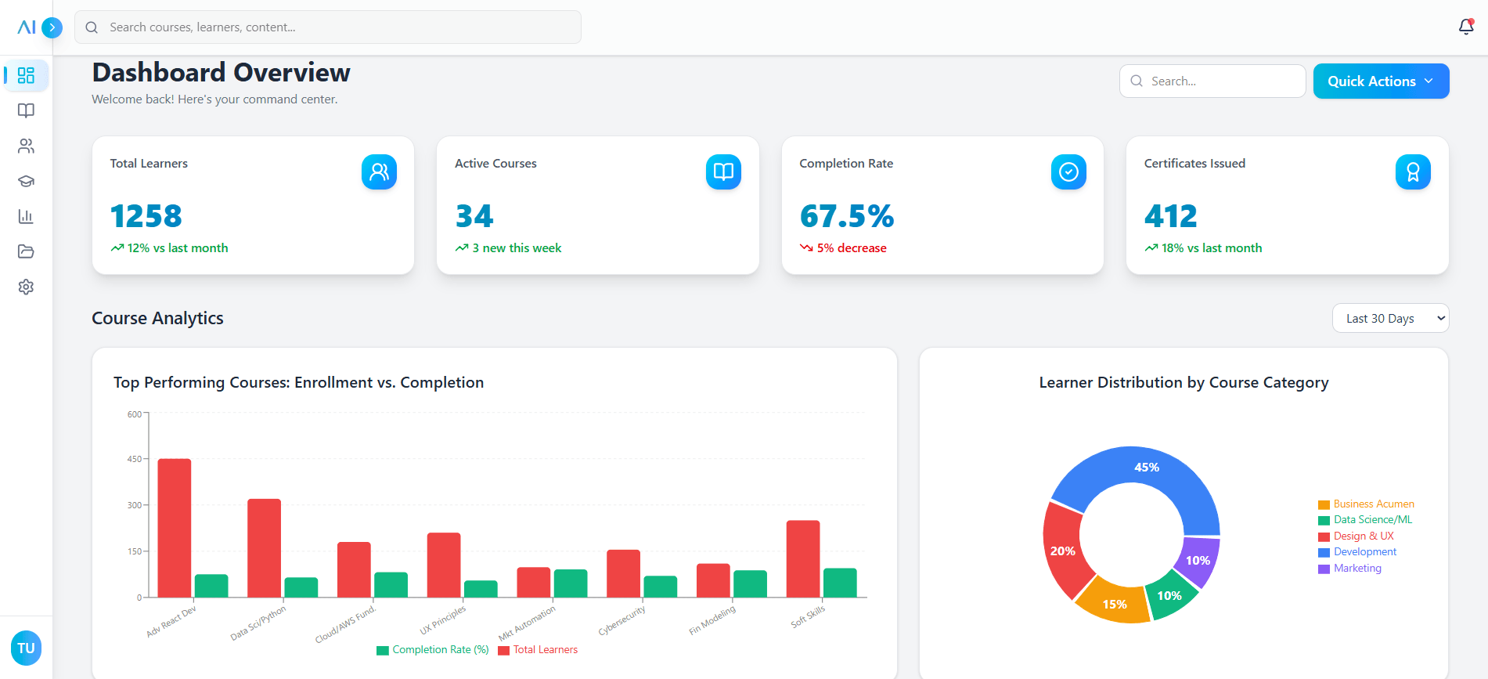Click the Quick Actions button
coord(1380,81)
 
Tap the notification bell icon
coord(1465,27)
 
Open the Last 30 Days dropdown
coord(1389,318)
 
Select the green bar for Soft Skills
coord(840,583)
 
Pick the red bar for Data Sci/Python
coord(264,547)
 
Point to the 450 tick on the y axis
coord(135,459)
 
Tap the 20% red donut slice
coord(1063,551)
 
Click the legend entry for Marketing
coord(1356,569)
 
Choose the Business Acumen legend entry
coord(1373,504)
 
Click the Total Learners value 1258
coord(146,216)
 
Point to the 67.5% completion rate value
coord(846,216)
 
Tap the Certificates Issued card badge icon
coord(1412,172)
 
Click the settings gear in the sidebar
coord(26,287)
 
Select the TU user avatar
coord(26,648)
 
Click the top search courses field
coord(329,27)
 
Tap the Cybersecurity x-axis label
coord(622,620)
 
